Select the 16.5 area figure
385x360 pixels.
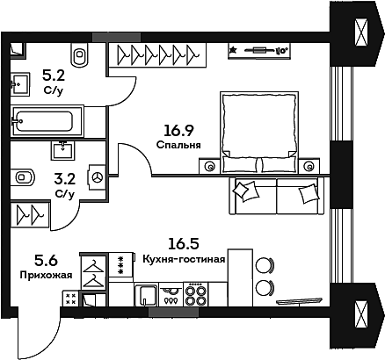pyautogui.click(x=184, y=245)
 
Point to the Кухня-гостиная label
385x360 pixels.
pyautogui.click(x=184, y=259)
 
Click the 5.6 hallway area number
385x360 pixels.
pyautogui.click(x=46, y=260)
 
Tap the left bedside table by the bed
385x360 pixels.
pyautogui.click(x=209, y=164)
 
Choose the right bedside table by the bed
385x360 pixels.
pyautogui.click(x=309, y=164)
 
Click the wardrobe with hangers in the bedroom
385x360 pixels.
pyautogui.click(x=156, y=54)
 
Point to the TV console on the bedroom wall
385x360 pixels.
pyautogui.click(x=259, y=50)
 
